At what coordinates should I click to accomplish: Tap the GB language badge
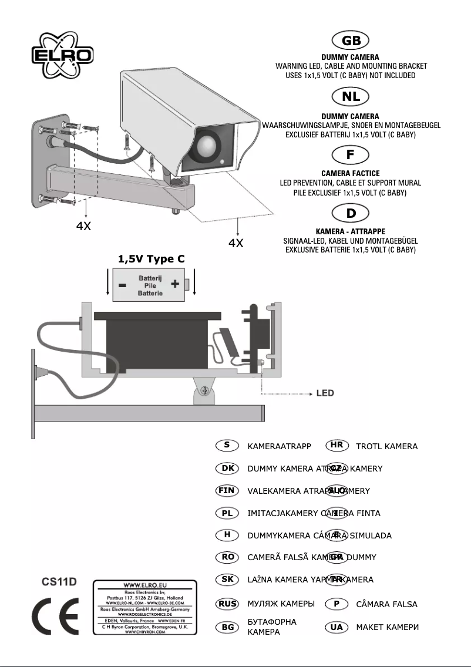[351, 41]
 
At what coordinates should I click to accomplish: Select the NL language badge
[351, 96]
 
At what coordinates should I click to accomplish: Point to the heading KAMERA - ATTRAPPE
[351, 231]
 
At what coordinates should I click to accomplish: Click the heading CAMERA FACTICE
[351, 173]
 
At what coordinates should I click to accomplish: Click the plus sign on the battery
[175, 284]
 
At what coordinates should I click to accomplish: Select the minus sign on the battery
[122, 285]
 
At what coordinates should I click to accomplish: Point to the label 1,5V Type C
[152, 259]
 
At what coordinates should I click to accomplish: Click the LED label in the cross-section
[327, 392]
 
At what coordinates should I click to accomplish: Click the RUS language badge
[227, 604]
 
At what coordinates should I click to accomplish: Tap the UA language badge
[337, 627]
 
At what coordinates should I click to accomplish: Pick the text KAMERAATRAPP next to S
[279, 446]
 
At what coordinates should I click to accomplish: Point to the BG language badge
[227, 627]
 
